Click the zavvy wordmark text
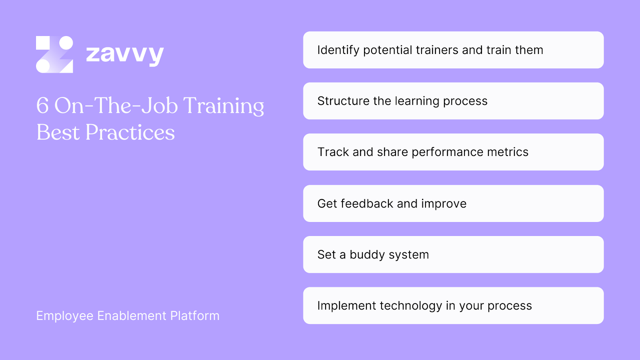tap(125, 55)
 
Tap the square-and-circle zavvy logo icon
tap(54, 54)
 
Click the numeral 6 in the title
tap(42, 106)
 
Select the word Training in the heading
tap(224, 106)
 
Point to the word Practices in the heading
tap(130, 132)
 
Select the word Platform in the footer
tap(195, 316)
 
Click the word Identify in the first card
tap(338, 50)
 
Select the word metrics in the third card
tap(508, 152)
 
